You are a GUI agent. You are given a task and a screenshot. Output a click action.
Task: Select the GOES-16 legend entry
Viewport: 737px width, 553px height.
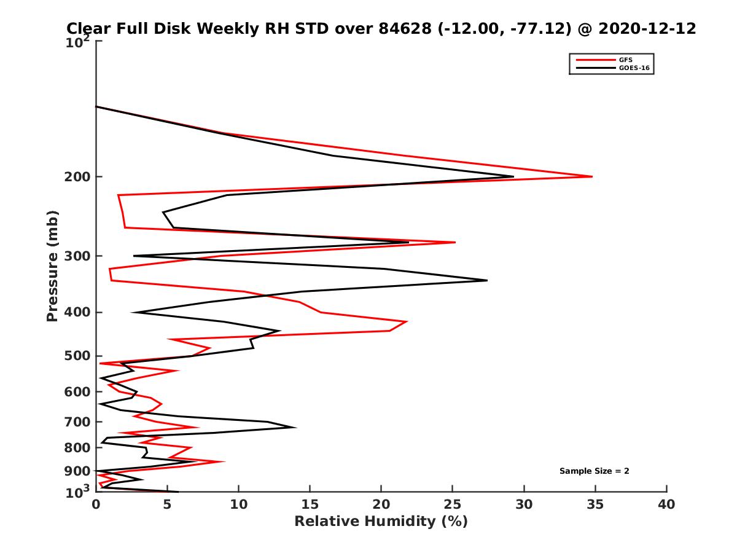(x=633, y=68)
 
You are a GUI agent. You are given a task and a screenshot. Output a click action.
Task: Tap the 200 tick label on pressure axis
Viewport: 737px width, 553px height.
(x=77, y=178)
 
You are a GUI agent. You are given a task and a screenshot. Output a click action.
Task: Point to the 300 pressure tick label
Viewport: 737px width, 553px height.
(x=77, y=256)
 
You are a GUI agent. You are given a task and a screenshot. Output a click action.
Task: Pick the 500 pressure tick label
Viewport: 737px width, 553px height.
(x=77, y=356)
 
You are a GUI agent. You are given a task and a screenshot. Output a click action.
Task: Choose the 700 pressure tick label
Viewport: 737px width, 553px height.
(x=77, y=422)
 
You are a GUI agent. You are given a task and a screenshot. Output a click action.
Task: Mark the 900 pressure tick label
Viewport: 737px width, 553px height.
(x=77, y=471)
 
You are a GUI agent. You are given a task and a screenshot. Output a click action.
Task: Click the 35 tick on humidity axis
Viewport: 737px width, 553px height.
(x=595, y=504)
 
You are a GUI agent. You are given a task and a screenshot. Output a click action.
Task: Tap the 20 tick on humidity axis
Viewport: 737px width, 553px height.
(x=381, y=504)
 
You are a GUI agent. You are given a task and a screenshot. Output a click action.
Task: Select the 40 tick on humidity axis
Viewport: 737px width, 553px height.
(x=666, y=504)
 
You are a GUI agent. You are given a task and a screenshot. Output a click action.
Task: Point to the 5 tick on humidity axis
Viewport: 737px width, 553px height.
(x=168, y=504)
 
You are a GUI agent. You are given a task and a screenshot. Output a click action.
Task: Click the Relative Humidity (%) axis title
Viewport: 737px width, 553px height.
(x=381, y=522)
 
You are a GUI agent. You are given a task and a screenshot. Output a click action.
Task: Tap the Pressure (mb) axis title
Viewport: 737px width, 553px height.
(x=52, y=265)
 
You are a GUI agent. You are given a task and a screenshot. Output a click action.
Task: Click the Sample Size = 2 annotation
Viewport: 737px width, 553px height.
(x=594, y=471)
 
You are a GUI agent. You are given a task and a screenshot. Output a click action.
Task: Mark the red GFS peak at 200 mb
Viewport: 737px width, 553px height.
(x=592, y=176)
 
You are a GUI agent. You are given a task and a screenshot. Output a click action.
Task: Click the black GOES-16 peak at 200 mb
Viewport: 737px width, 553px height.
(x=513, y=176)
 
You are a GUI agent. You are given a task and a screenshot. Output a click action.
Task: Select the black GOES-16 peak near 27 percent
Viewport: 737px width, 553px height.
(x=487, y=280)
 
